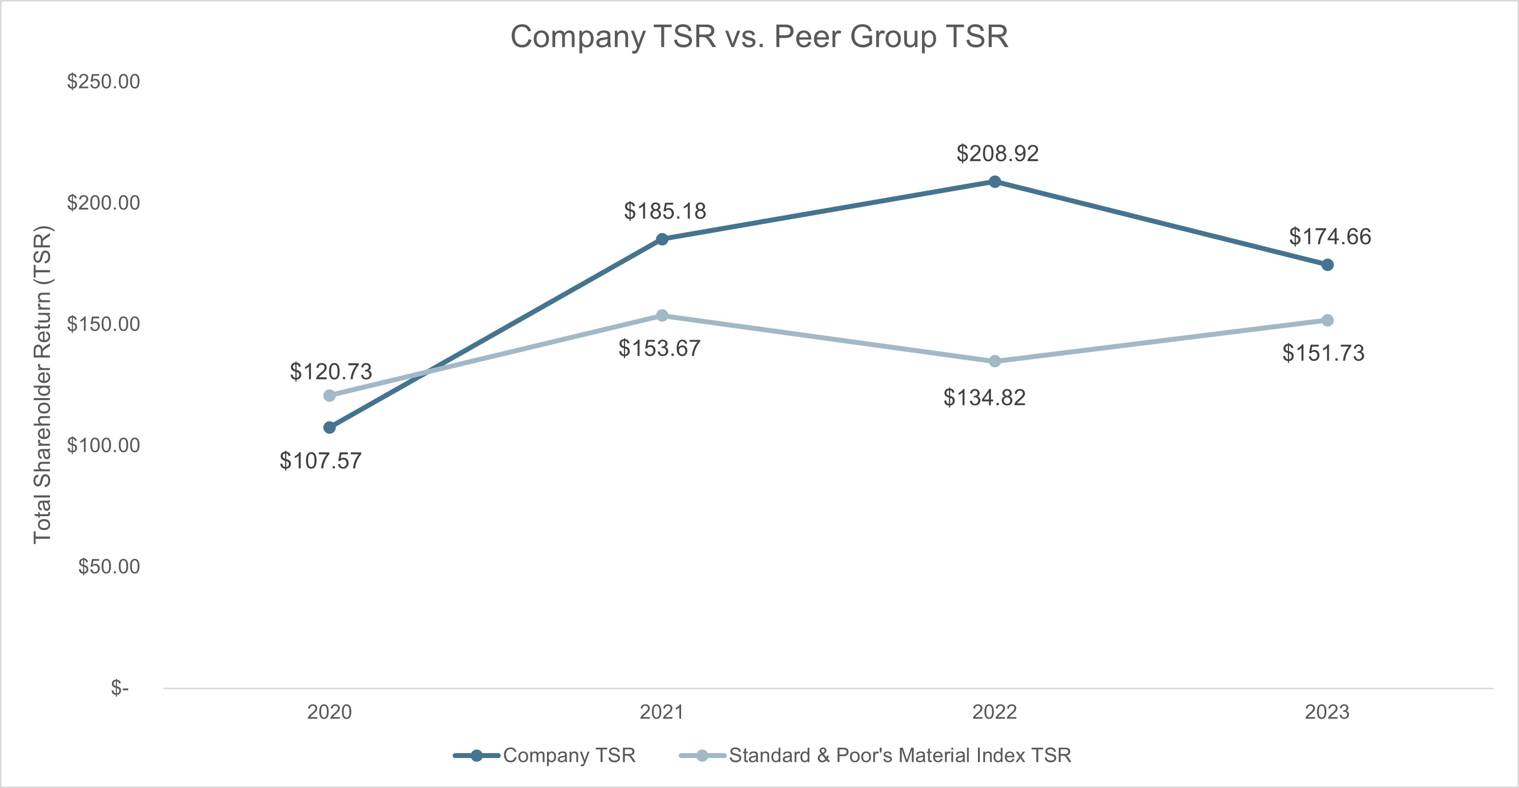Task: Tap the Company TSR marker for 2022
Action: coord(994,182)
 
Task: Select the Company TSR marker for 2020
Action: coord(330,427)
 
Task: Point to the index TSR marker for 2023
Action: coord(1327,321)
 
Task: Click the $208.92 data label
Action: coord(997,153)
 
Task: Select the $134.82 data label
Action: coord(984,398)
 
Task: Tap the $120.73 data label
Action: coord(331,372)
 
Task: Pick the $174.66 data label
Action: coord(1330,236)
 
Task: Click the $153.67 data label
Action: coord(659,349)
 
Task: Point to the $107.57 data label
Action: coord(320,461)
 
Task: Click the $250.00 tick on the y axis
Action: coord(103,82)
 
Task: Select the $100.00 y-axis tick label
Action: coord(103,445)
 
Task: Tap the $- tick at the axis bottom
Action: coord(120,688)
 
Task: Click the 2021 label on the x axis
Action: coord(661,712)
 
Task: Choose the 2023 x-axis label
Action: coord(1327,712)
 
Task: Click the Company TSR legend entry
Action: coord(569,756)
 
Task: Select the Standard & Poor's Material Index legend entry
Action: coord(899,756)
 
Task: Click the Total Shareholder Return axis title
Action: coord(42,384)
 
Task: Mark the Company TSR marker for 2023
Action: coord(1327,265)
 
